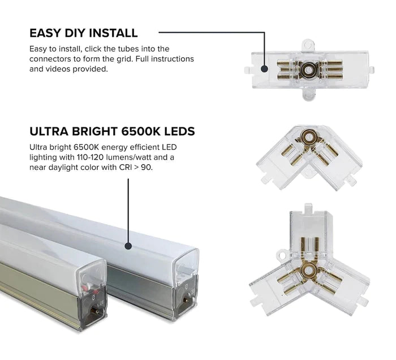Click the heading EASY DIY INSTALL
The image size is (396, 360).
83,33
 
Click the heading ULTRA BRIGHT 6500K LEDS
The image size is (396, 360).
112,132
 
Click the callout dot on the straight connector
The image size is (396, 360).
264,69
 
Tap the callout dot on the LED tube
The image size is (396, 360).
128,246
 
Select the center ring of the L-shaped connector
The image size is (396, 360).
309,138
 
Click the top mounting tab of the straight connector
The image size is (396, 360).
308,42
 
